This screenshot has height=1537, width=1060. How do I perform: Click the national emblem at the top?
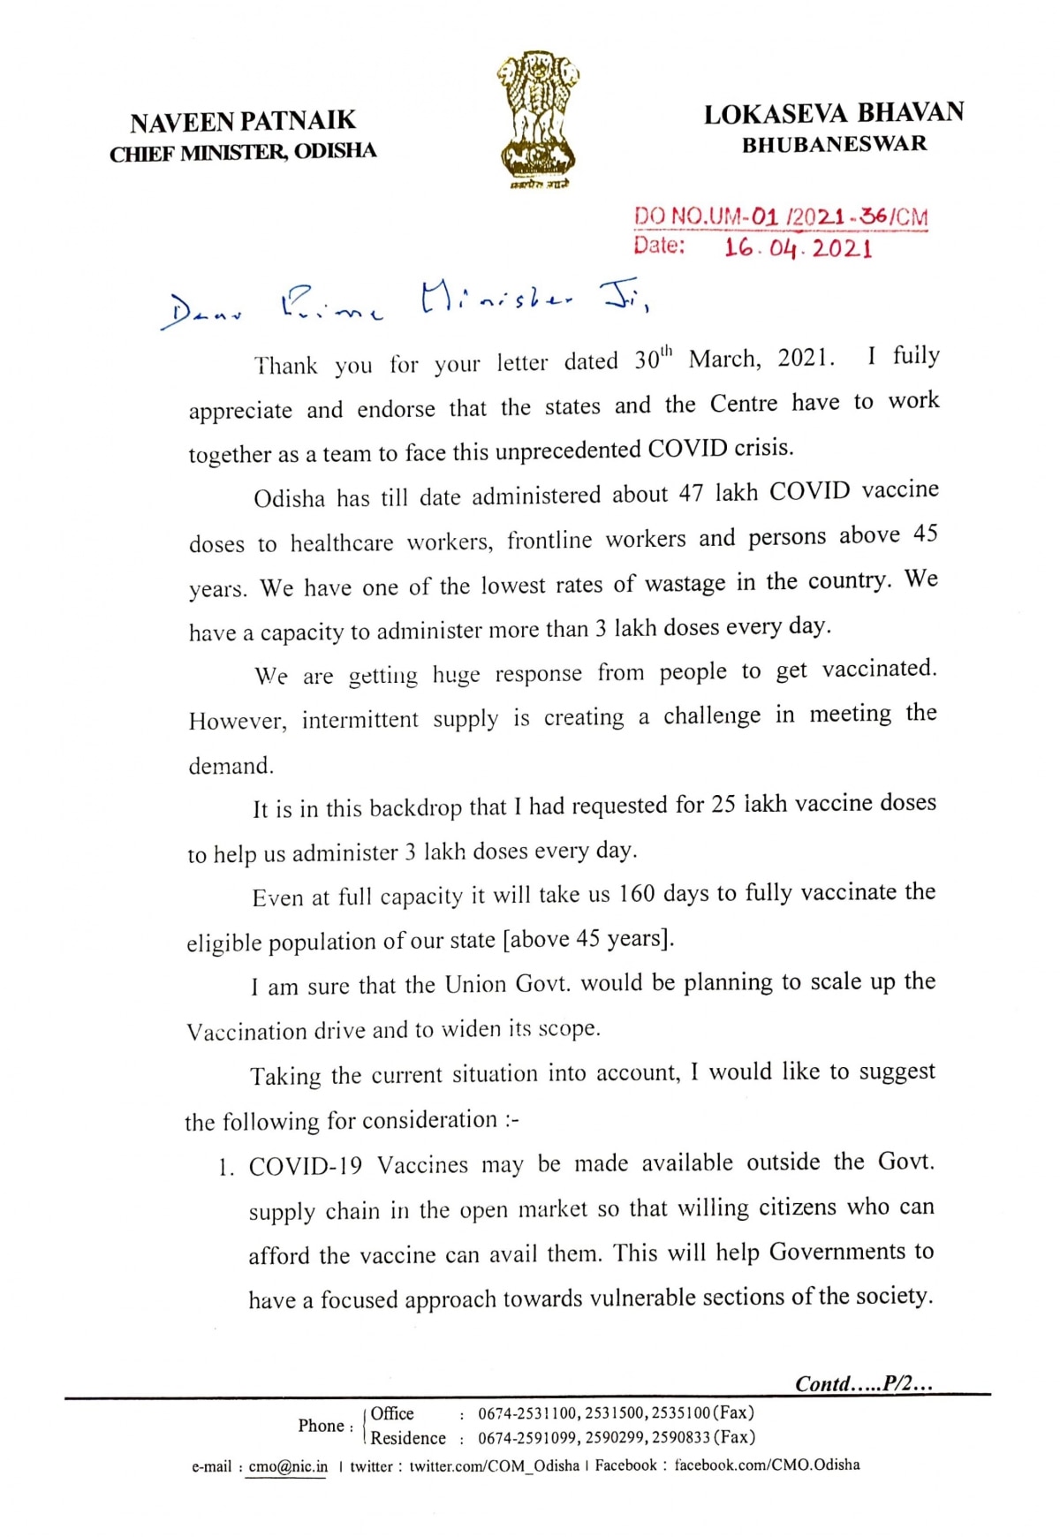(x=538, y=119)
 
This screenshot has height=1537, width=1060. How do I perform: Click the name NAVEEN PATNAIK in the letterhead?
(x=243, y=121)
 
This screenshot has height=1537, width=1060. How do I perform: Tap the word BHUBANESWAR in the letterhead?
(x=834, y=144)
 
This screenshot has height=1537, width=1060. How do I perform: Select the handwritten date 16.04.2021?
(x=798, y=247)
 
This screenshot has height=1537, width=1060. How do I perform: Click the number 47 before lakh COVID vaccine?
(x=691, y=493)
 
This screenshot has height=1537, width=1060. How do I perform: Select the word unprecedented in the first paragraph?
(x=568, y=451)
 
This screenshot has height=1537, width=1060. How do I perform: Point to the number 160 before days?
(x=636, y=894)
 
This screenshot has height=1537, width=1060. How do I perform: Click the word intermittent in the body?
(x=360, y=720)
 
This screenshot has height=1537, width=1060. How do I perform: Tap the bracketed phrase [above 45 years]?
(x=588, y=938)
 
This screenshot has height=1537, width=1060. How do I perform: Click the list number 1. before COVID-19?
(x=227, y=1168)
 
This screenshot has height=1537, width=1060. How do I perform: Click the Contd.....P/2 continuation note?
(x=863, y=1383)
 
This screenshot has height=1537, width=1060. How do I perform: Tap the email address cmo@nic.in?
(x=288, y=1466)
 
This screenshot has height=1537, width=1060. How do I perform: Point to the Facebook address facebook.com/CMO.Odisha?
(x=767, y=1465)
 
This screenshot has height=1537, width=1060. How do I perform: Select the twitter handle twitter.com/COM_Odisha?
(x=494, y=1465)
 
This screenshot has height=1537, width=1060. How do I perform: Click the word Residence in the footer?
(x=408, y=1438)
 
